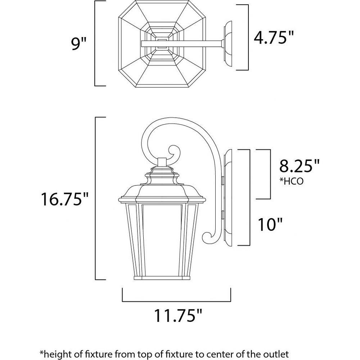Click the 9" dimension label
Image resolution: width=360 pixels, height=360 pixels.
tap(79, 44)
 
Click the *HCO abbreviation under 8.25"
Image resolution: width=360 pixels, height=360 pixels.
tap(291, 181)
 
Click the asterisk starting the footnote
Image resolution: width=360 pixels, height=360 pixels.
tap(42, 352)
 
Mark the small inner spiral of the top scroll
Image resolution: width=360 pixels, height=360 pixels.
tap(174, 152)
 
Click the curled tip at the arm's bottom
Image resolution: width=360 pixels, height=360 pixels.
tap(207, 238)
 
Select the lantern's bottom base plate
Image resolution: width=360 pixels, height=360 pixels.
tap(162, 278)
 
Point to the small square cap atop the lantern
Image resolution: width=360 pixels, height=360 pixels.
tap(162, 162)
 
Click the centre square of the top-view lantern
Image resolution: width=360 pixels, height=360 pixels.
tap(162, 44)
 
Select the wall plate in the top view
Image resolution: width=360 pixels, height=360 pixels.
tap(228, 44)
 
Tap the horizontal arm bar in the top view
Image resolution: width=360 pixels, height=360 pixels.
tap(181, 44)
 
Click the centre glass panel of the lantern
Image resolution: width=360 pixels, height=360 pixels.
tap(162, 239)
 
